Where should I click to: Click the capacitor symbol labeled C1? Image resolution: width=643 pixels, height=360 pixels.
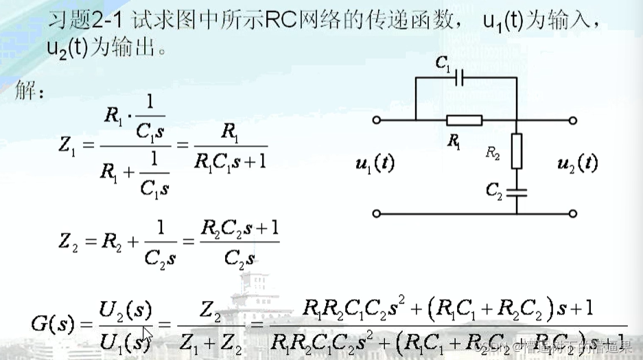(x=460, y=78)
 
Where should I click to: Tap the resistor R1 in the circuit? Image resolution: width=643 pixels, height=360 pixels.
(x=464, y=121)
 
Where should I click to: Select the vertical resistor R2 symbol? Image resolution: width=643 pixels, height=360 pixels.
(x=516, y=152)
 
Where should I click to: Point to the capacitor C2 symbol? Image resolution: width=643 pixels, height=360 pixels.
(x=516, y=191)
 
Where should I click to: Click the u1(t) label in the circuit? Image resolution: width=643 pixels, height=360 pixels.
(x=375, y=164)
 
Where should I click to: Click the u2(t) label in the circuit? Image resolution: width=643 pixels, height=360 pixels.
(x=578, y=163)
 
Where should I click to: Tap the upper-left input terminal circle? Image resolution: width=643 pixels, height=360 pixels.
(x=376, y=121)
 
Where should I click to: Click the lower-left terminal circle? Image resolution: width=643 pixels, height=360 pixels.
(x=376, y=213)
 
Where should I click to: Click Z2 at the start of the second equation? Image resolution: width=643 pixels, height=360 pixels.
(x=73, y=242)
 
